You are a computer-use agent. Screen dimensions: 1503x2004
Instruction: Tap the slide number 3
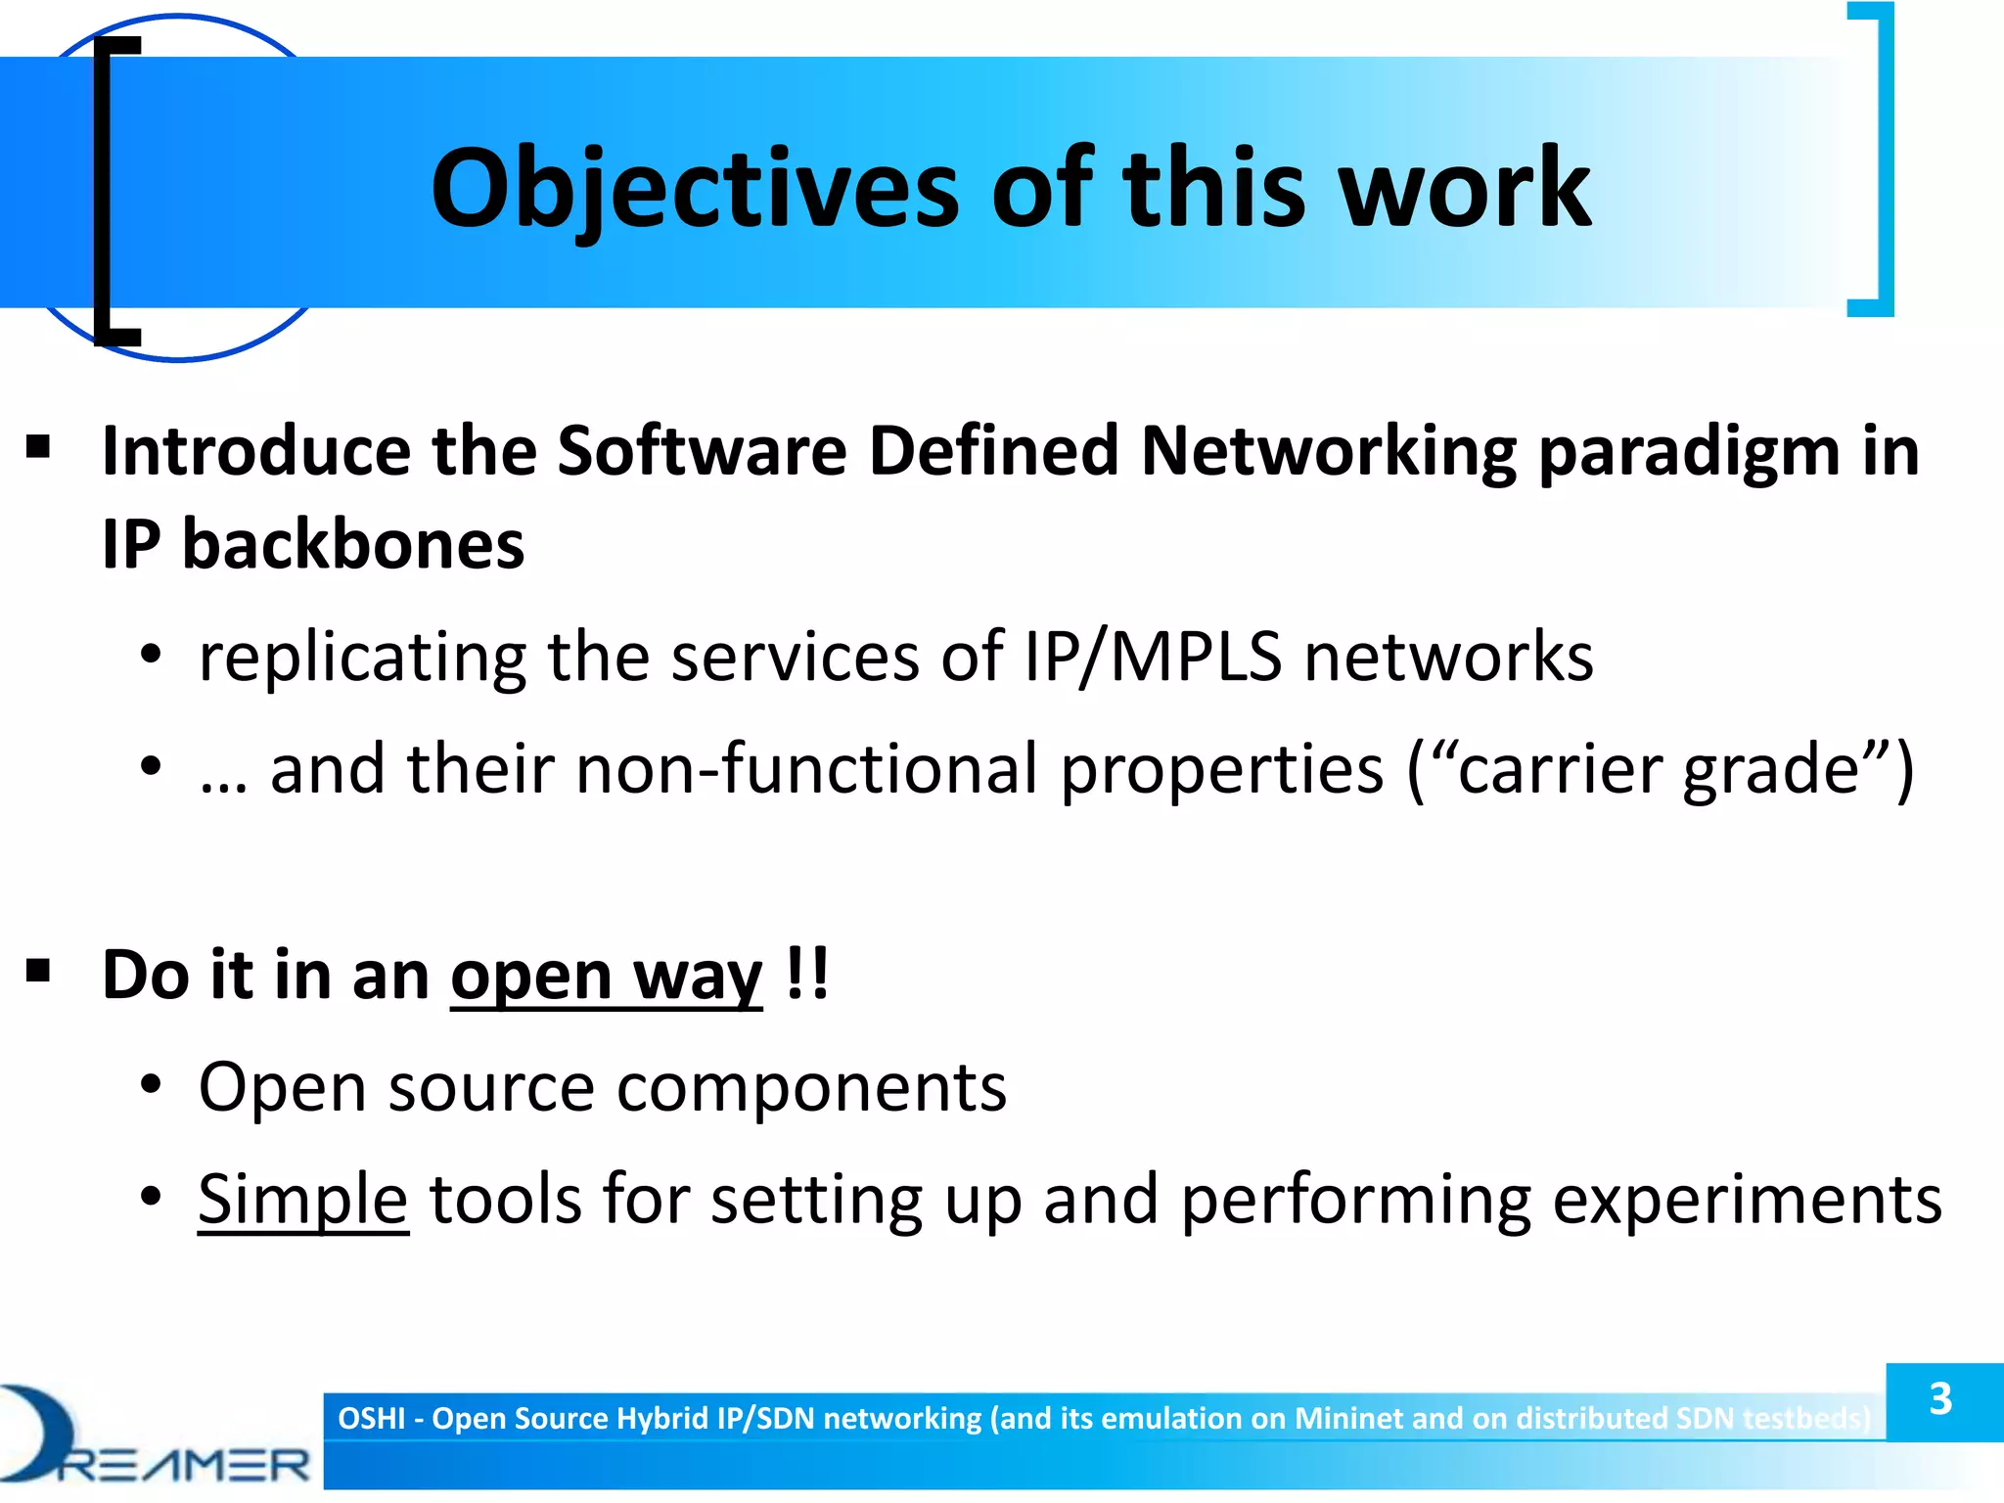coord(1940,1399)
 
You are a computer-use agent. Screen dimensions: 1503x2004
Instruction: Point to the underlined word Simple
coord(302,1200)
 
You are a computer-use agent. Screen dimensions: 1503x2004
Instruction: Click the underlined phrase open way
coord(606,976)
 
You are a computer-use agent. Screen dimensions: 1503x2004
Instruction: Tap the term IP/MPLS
coord(1153,657)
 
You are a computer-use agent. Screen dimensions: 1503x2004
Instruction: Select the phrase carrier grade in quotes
coord(1658,769)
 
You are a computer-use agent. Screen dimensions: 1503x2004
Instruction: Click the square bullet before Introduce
coord(38,448)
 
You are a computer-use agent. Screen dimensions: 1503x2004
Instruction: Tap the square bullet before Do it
coord(38,971)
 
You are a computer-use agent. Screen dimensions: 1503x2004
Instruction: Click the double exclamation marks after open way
coord(807,974)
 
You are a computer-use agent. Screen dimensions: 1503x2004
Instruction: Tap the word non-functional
coord(805,769)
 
